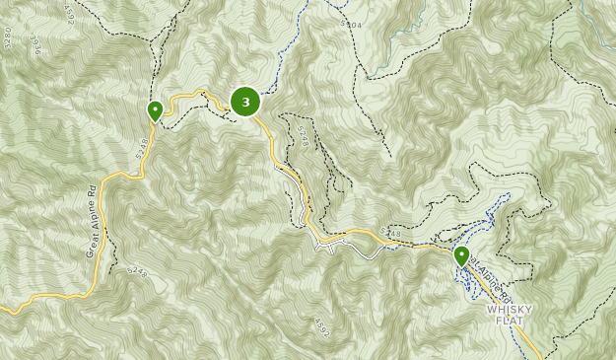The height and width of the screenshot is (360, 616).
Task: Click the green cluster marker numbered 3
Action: point(245,101)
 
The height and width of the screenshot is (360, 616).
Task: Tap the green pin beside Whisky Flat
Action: point(461,256)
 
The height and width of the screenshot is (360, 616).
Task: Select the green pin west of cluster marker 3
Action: point(155,109)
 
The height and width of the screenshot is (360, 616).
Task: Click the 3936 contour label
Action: point(35,45)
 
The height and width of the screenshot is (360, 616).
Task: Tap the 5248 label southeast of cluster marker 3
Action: point(303,137)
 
